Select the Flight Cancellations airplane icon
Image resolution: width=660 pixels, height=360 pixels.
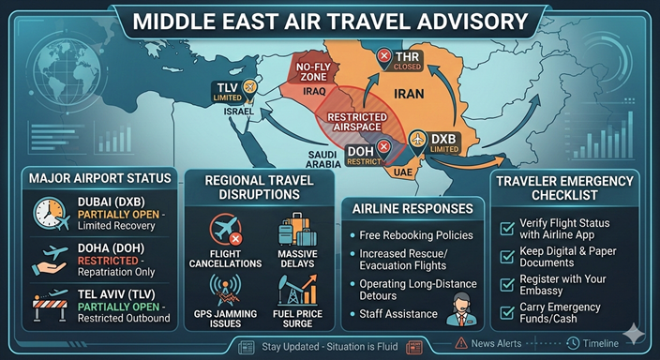(229, 230)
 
